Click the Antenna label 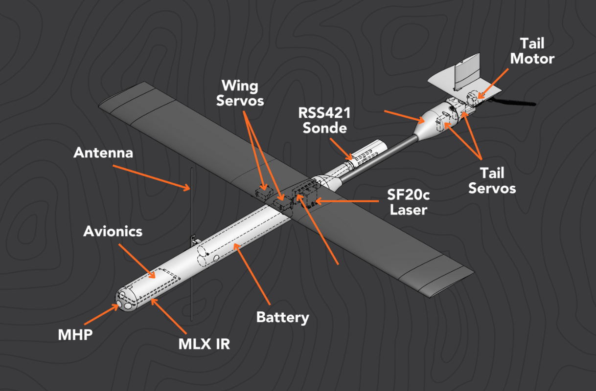coord(103,152)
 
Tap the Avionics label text coord(113,231)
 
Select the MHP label coord(75,336)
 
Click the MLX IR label coord(204,344)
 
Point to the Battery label coord(283,318)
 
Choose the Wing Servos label coord(242,93)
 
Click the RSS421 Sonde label coord(325,121)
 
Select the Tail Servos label coord(492,180)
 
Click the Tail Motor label coord(532,51)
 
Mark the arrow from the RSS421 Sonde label coord(341,150)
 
